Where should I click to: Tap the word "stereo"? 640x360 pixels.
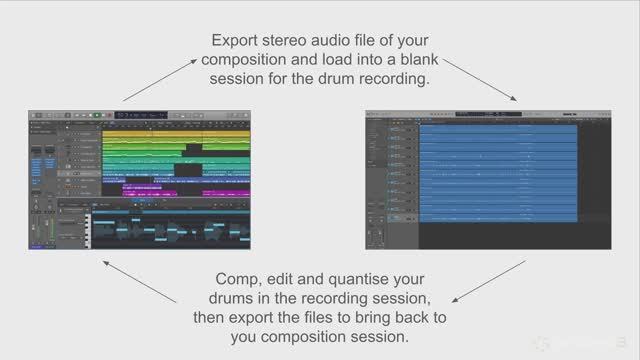[x=296, y=42]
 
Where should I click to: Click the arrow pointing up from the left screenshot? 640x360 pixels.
[x=159, y=79]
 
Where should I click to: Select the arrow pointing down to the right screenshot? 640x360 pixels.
[x=481, y=79]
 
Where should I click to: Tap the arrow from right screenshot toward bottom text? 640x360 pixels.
[x=489, y=281]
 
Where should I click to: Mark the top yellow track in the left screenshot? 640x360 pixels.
[x=176, y=133]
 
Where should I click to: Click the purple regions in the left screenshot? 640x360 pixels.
[x=185, y=189]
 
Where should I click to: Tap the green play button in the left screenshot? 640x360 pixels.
[x=96, y=115]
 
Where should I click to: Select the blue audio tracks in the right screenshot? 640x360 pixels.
[x=498, y=170]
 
